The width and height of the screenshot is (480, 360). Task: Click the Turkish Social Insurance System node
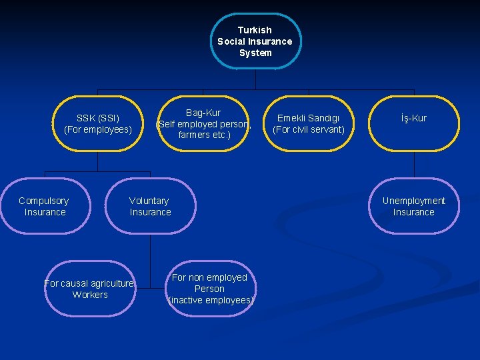point(255,41)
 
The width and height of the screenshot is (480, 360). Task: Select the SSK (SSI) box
point(98,124)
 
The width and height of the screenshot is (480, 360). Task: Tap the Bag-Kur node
point(203,124)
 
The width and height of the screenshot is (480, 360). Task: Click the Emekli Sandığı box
point(309,124)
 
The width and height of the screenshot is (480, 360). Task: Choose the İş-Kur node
point(414,124)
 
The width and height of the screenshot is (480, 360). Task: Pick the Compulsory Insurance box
point(45,206)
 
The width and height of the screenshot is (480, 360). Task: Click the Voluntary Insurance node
point(150,206)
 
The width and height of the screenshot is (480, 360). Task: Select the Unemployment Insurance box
point(414,206)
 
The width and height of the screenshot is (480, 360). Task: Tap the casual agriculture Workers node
point(90,289)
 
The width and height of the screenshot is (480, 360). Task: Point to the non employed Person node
point(210,289)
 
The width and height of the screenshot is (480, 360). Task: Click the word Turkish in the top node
point(255,30)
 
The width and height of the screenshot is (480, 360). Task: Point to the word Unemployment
point(414,201)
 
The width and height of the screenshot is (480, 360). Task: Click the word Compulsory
point(44,201)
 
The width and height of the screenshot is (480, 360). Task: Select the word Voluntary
point(149,201)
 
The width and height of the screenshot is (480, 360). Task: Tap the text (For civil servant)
point(309,129)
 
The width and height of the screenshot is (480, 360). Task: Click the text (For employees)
point(98,129)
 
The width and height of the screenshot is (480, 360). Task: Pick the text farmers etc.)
point(204,135)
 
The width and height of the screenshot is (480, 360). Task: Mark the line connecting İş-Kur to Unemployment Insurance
point(414,165)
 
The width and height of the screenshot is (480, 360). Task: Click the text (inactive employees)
point(211,300)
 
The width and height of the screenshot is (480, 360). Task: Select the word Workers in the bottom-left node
point(90,295)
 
